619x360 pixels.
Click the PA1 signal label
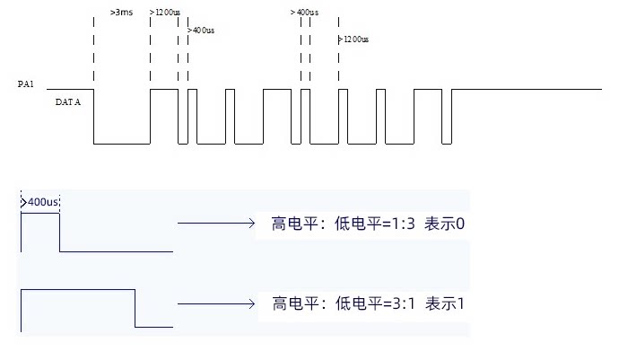[x=26, y=83]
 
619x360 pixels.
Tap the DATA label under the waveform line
[x=68, y=102]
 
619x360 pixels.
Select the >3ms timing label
[x=122, y=13]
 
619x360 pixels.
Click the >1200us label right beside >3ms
[x=165, y=13]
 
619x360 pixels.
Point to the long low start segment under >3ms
[x=122, y=144]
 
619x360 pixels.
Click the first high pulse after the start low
[x=164, y=89]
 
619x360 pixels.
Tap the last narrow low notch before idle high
[x=447, y=144]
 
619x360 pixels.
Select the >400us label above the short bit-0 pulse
[x=39, y=202]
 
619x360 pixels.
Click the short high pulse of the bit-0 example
[x=40, y=214]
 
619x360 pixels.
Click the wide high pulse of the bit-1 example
[x=78, y=290]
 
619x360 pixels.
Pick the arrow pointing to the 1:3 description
[x=216, y=224]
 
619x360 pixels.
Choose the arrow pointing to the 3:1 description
[x=216, y=303]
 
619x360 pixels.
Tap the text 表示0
[x=444, y=224]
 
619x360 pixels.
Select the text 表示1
[x=445, y=303]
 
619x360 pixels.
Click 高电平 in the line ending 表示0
[x=294, y=224]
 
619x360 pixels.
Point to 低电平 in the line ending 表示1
[x=359, y=303]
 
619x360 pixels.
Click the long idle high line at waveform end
[x=527, y=89]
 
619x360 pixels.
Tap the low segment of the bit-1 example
[x=154, y=327]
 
